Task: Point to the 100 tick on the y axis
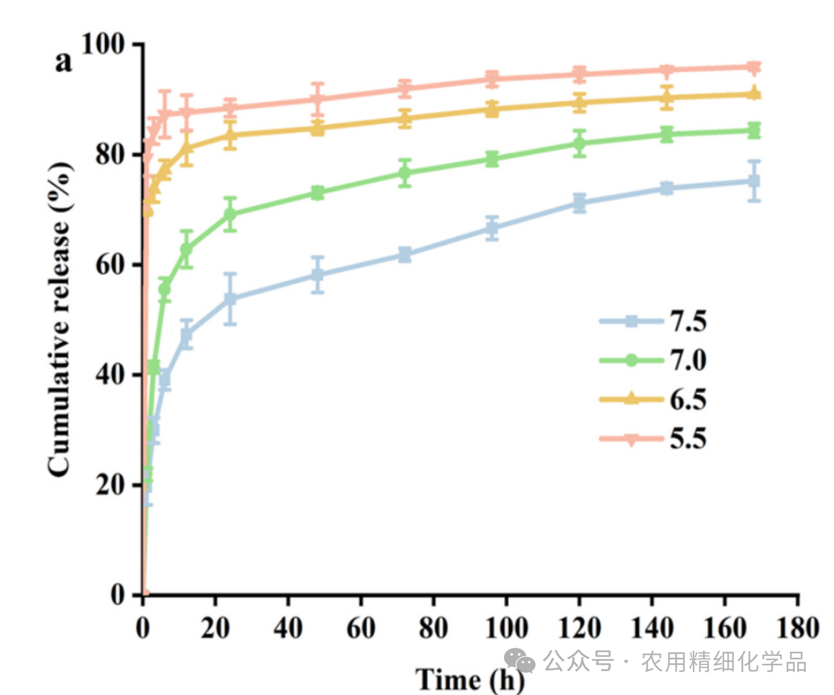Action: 103,44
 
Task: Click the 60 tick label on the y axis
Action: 110,265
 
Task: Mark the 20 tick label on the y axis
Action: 110,485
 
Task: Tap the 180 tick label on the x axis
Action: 797,628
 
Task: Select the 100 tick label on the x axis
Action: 506,628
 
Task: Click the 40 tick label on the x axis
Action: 288,628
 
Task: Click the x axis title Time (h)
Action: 469,680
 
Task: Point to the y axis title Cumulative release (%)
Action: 60,319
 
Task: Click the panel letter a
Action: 63,61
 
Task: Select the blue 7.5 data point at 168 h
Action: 754,181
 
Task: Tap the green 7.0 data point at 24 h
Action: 230,214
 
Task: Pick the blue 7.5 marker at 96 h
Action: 492,228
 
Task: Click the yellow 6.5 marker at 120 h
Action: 579,103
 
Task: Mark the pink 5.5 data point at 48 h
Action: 318,99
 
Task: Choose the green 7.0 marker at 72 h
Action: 405,173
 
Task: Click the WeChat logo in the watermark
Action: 520,661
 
